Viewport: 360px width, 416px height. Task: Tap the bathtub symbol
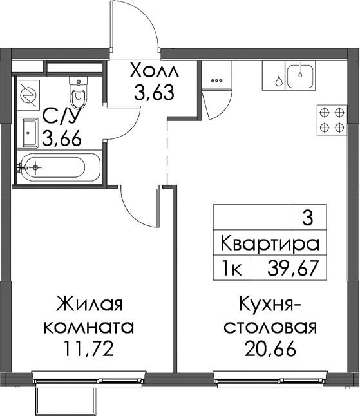click(59, 167)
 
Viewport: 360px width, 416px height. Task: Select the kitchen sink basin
click(300, 75)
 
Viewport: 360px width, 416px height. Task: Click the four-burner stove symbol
click(332, 120)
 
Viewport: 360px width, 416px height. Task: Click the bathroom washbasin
click(30, 133)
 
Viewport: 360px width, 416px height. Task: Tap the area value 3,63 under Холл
click(154, 92)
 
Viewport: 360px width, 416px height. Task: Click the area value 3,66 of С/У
click(62, 138)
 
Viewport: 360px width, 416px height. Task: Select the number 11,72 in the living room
click(88, 348)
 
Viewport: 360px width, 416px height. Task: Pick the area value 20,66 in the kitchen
click(270, 348)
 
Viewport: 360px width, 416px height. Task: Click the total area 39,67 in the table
click(292, 268)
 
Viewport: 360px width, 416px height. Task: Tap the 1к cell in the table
click(232, 268)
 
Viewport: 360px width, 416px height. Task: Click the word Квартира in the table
click(270, 243)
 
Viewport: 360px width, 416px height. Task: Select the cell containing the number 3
click(308, 217)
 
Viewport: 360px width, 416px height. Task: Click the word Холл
click(155, 70)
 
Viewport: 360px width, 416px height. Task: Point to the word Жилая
click(89, 305)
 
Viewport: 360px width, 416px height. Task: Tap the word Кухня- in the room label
click(270, 305)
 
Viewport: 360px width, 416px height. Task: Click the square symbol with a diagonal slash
click(28, 93)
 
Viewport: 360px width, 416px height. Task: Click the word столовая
click(270, 327)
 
